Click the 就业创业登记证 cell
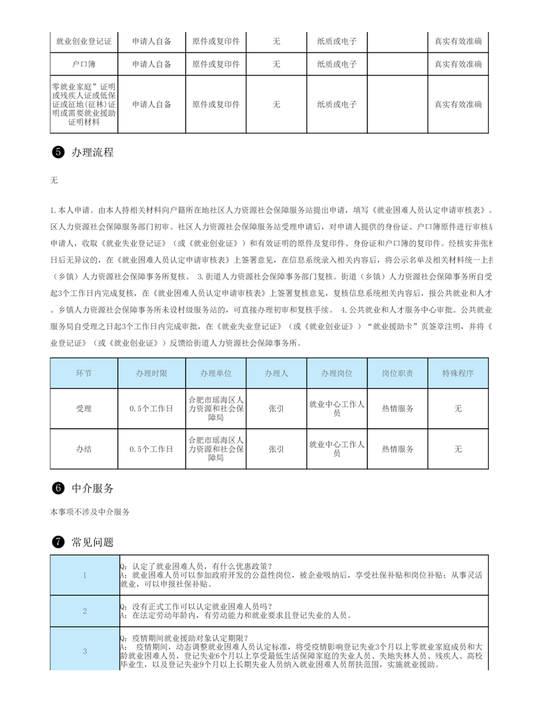(84, 41)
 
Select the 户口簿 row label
(84, 64)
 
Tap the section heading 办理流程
(92, 152)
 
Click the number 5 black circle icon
(57, 152)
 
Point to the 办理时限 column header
(151, 374)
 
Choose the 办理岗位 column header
(336, 374)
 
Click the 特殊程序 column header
(458, 374)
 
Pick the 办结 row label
(84, 449)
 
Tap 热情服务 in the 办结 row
(397, 449)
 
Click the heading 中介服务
(92, 488)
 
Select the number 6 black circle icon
(57, 488)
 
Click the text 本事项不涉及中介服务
(90, 512)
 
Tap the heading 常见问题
(92, 542)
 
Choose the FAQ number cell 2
(84, 611)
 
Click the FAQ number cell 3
(84, 651)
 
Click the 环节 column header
(84, 374)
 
